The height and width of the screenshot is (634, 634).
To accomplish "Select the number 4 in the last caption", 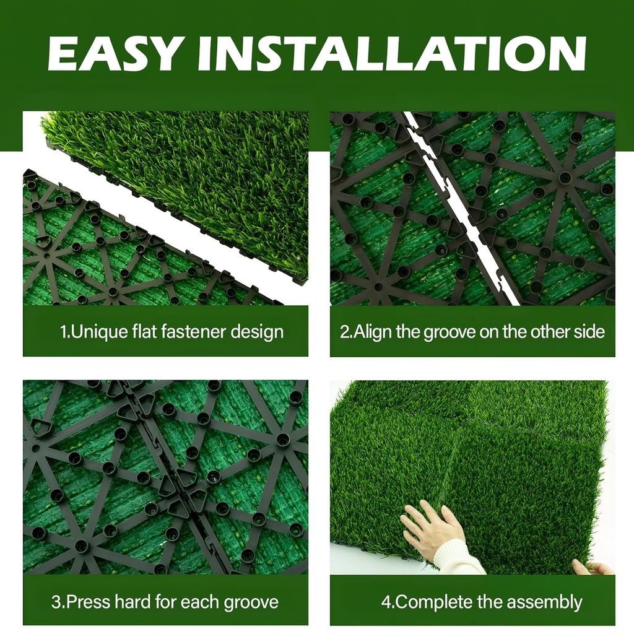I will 384,601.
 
